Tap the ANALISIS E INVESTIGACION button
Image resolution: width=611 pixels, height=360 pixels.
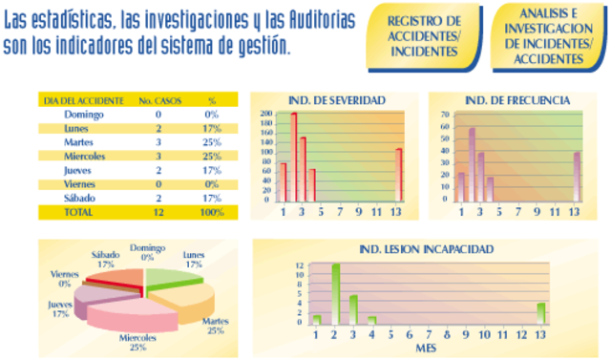[547, 36]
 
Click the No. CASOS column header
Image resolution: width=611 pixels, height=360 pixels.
[158, 99]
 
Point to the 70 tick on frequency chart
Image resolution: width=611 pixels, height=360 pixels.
[445, 115]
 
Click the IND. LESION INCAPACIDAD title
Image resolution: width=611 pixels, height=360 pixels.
[426, 249]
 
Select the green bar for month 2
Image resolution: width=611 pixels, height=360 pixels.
[336, 293]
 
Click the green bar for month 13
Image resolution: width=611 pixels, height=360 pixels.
[541, 313]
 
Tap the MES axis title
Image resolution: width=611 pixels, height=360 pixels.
[428, 349]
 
